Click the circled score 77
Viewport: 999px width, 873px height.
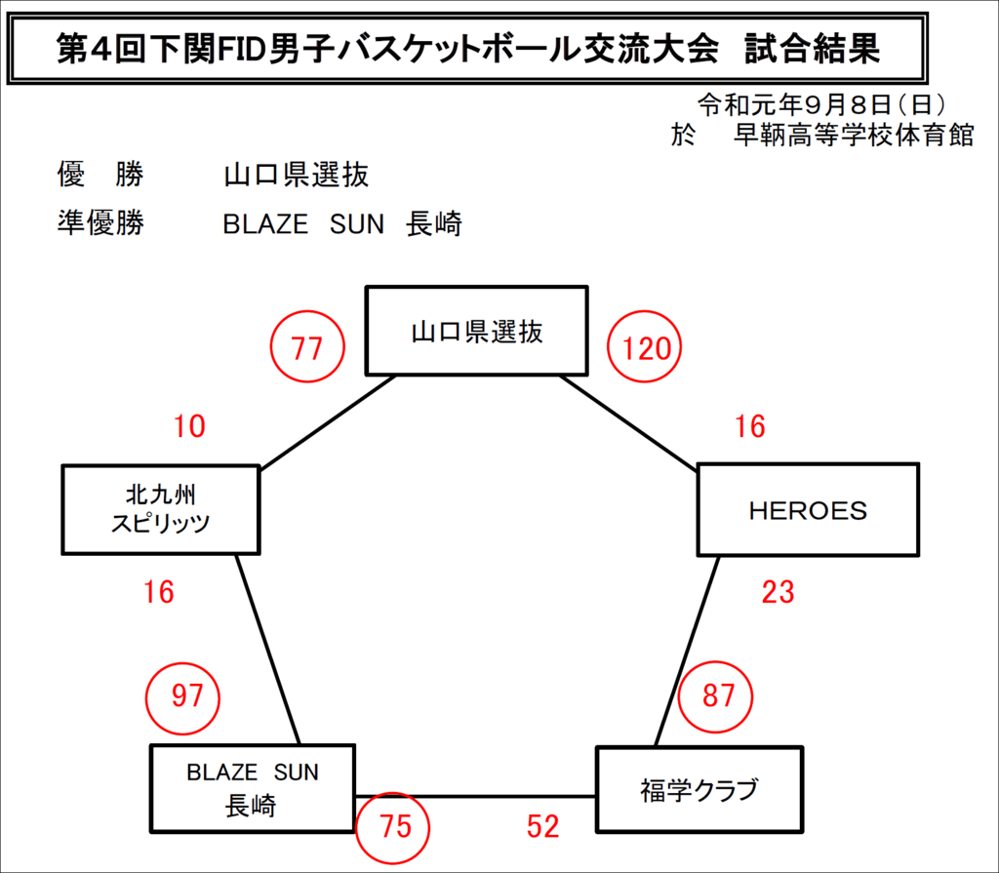307,346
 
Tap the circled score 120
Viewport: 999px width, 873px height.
644,346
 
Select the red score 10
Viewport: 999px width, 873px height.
189,426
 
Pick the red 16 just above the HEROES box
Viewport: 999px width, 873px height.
750,426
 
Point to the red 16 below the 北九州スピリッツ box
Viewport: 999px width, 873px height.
159,592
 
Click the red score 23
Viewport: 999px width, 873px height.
778,592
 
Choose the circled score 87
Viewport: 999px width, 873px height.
715,696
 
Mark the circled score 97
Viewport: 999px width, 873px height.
182,697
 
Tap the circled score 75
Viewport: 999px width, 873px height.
392,828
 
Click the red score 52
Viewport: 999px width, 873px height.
542,826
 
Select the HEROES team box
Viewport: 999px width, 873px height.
808,510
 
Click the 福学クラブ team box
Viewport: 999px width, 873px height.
699,789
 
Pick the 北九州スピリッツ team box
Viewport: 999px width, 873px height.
161,510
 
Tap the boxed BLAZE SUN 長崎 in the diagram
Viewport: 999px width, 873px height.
253,788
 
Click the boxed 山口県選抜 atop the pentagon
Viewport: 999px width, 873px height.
476,331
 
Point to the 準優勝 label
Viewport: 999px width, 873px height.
100,223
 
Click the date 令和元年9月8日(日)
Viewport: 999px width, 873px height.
820,104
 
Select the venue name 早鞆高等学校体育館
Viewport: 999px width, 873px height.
854,135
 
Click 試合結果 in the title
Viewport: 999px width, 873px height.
812,49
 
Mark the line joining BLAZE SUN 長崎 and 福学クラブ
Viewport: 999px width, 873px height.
475,797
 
